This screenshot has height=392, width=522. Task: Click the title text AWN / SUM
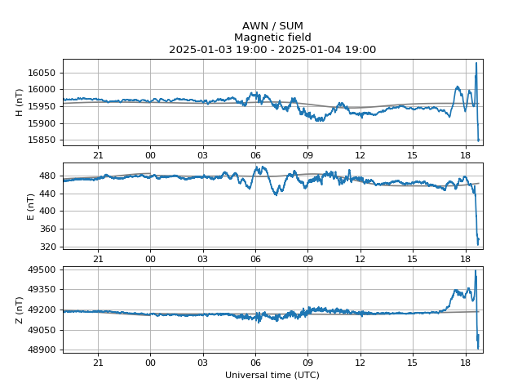coord(272,26)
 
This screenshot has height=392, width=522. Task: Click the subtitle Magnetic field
coord(272,38)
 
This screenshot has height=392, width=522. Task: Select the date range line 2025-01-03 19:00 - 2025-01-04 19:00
coord(272,50)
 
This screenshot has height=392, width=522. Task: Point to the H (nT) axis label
coord(20,102)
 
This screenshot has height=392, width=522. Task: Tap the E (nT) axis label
coord(31,206)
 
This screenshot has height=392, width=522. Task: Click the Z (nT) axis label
coord(20,310)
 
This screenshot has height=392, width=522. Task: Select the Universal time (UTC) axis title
coord(272,375)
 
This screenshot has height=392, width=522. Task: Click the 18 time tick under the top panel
coord(465,154)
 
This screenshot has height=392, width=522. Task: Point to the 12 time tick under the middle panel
coord(360,258)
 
